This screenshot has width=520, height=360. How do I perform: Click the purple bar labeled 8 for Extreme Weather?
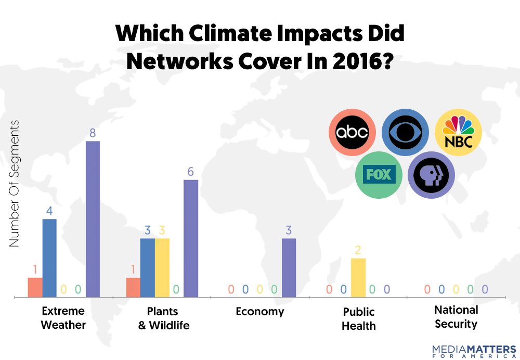(x=93, y=219)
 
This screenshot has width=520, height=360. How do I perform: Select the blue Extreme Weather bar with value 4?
(x=49, y=258)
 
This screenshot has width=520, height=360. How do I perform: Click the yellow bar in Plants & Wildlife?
(x=162, y=267)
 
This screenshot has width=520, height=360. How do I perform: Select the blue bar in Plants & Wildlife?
(x=148, y=267)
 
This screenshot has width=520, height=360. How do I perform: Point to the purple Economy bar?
(x=289, y=267)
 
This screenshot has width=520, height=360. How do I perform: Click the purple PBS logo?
(x=431, y=175)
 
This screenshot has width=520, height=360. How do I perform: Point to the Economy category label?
(x=260, y=312)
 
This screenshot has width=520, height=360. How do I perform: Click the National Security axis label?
(x=456, y=317)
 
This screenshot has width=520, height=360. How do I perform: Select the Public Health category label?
(x=359, y=319)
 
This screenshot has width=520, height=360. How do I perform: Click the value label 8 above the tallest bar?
(x=93, y=133)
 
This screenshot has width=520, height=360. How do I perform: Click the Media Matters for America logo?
(x=474, y=351)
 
